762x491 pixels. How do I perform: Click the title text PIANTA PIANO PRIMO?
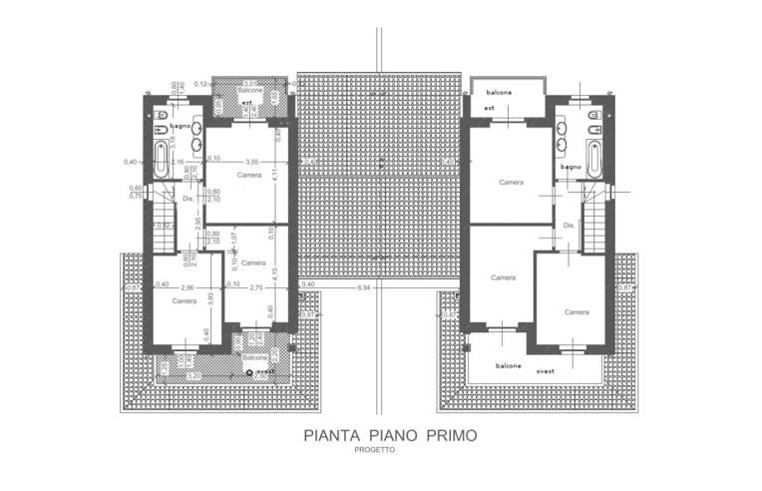point(390,435)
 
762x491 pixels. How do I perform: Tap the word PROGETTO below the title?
point(374,450)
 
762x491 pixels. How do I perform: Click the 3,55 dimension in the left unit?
point(251,161)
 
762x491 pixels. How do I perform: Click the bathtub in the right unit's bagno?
point(594,158)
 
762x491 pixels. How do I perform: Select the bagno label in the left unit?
point(180,127)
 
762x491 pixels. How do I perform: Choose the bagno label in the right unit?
point(571,167)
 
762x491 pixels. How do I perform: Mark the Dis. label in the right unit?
point(570,226)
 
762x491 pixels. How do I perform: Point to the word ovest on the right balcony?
point(545,370)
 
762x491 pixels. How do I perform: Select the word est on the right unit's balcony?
point(490,108)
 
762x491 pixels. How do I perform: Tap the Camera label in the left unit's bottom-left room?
point(184,300)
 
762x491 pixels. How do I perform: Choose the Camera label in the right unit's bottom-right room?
point(576,312)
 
